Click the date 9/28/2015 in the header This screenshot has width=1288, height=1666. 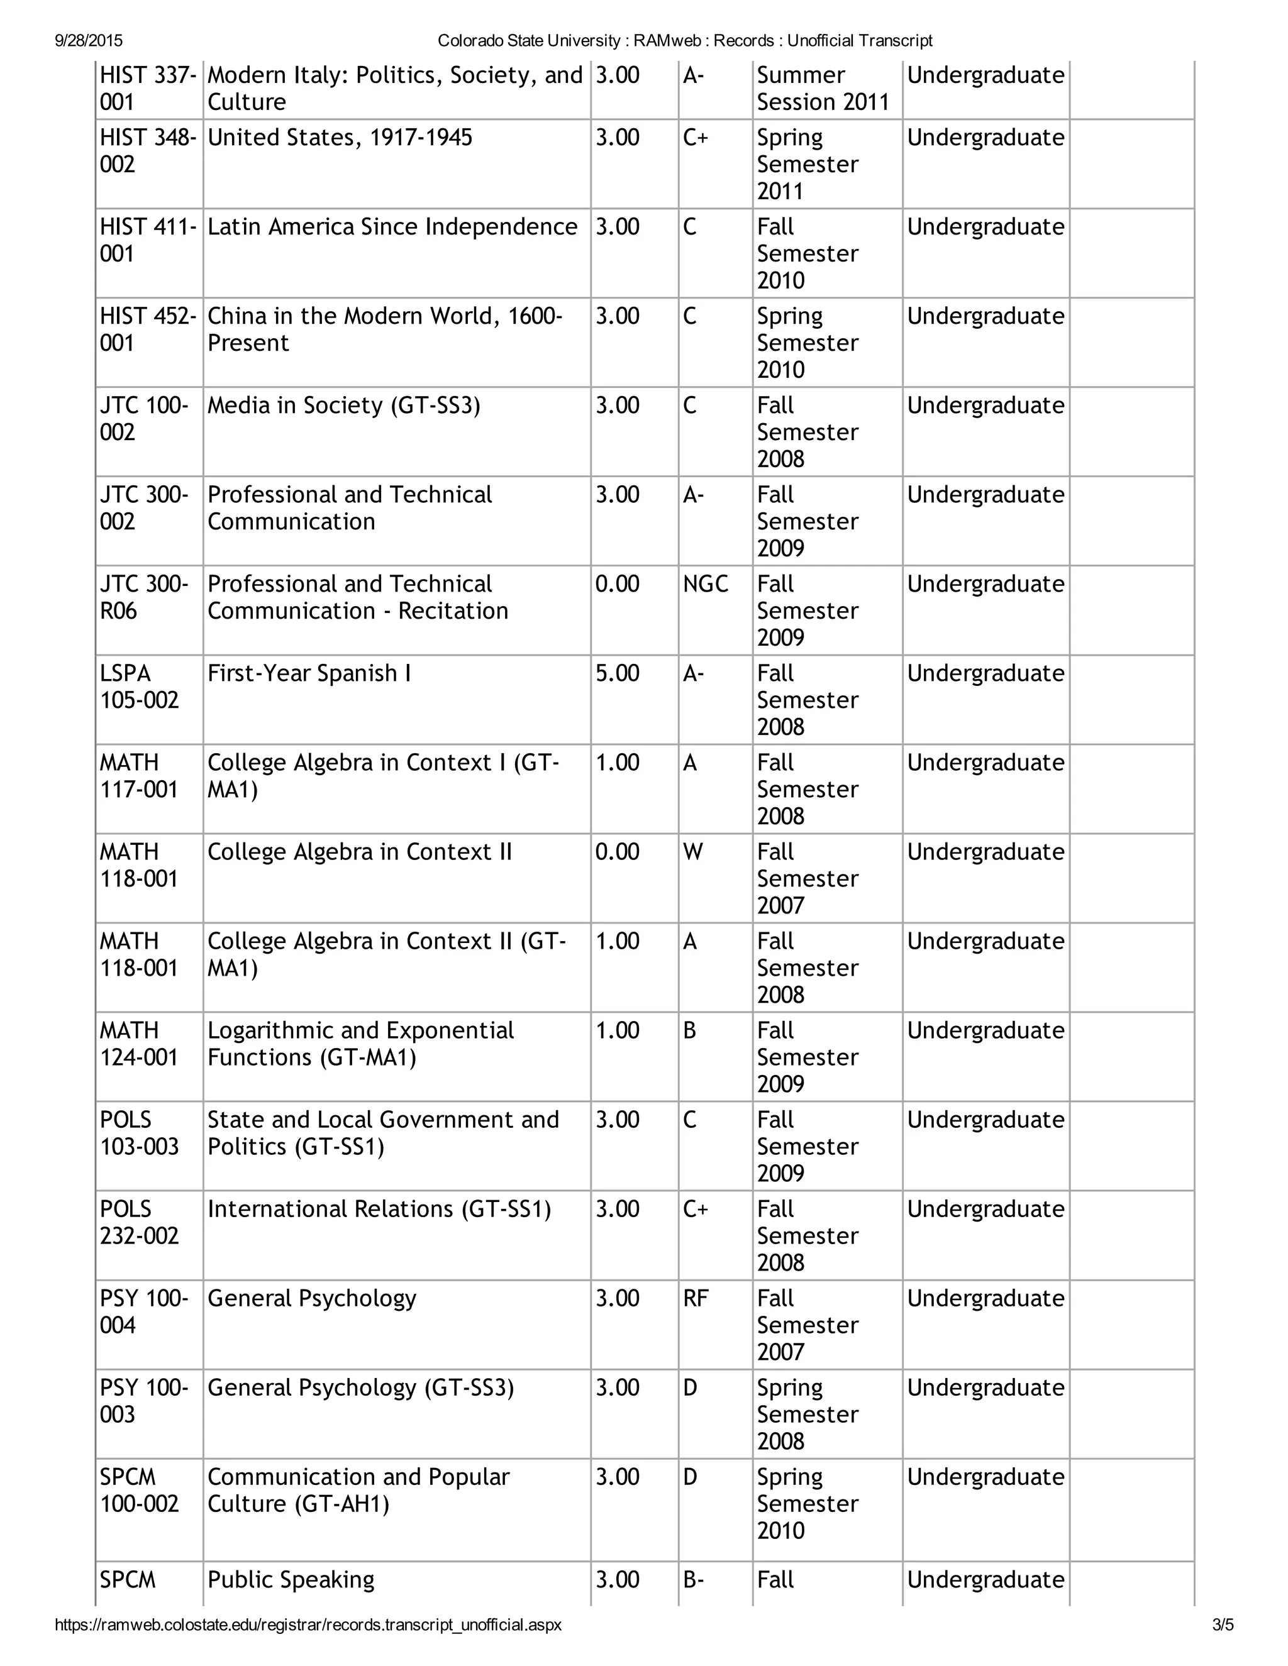89,40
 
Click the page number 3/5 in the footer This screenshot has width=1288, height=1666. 1223,1625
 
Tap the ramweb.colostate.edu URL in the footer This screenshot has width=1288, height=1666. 308,1625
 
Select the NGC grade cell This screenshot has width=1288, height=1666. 705,584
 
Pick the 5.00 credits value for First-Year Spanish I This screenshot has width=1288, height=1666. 618,673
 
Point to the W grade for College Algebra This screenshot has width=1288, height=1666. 693,852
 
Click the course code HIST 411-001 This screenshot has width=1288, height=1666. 148,240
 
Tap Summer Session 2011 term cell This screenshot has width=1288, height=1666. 823,89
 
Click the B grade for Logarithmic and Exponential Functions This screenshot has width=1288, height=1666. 689,1030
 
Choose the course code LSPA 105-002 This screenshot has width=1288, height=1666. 139,687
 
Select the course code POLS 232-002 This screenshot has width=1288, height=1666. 139,1222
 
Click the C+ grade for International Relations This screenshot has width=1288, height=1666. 695,1209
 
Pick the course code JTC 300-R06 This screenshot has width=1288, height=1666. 143,597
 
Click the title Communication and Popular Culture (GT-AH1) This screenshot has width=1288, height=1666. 358,1490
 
